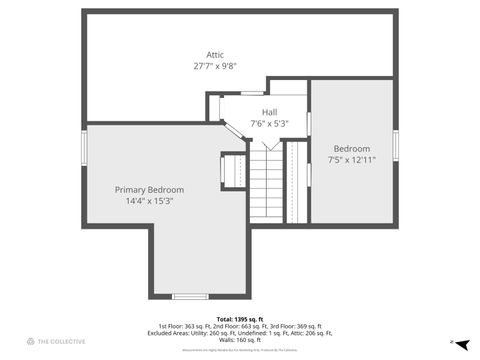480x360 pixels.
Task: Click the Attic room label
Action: [x=215, y=54]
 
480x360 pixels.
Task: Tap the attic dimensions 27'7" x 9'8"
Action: [x=215, y=66]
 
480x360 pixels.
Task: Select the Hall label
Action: [x=270, y=112]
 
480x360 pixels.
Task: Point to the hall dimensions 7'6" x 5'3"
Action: [x=270, y=124]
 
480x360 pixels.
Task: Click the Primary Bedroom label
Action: [x=149, y=189]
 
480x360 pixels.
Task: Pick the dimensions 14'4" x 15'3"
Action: [x=149, y=201]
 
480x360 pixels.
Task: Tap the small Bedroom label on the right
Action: [x=351, y=148]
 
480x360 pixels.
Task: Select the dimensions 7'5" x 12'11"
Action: [x=351, y=160]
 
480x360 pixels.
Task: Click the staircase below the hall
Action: [x=266, y=185]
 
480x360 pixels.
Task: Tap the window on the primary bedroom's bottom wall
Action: [x=190, y=296]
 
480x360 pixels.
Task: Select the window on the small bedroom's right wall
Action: [x=396, y=144]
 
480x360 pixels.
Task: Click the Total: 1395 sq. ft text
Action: [x=239, y=319]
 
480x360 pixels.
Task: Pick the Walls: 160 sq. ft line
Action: [x=239, y=340]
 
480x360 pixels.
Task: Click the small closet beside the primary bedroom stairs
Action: [x=232, y=169]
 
